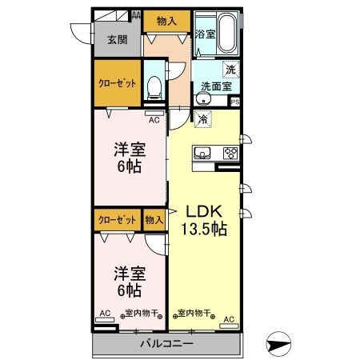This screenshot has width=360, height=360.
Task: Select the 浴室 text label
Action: tap(203, 34)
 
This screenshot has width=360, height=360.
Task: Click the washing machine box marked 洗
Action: tap(230, 69)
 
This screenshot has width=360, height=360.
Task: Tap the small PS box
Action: tap(235, 102)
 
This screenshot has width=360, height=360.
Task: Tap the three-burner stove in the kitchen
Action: tap(230, 153)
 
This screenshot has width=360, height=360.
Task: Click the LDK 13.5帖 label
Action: tap(206, 220)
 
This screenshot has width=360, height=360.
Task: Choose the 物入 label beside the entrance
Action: tap(166, 21)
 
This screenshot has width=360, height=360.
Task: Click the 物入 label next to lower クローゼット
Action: tap(154, 218)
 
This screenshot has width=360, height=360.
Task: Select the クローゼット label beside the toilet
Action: tap(118, 82)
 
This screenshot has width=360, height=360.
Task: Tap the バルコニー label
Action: tap(166, 346)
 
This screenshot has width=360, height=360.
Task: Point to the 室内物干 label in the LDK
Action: tap(191, 313)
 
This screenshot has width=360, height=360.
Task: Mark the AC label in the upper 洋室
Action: tap(154, 119)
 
